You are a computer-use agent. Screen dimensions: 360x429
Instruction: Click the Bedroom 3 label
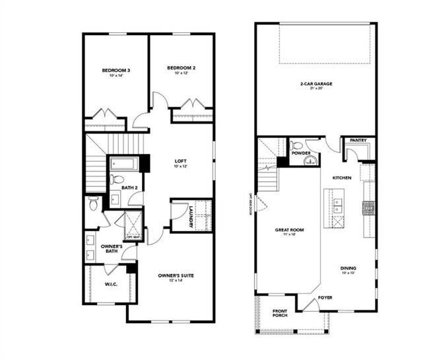point(115,70)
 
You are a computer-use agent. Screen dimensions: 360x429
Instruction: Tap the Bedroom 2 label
point(181,68)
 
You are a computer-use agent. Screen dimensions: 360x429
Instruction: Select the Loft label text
point(181,161)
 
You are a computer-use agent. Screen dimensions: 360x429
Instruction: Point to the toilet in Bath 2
point(116,178)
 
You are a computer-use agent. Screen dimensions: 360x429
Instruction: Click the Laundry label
point(191,216)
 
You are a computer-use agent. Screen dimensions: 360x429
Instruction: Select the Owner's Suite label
point(175,275)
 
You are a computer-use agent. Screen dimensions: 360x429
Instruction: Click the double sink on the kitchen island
point(337,205)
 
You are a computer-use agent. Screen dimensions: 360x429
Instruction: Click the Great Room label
point(288,231)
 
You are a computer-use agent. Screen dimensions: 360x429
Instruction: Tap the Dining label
point(348,268)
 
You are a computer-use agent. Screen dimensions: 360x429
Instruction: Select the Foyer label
point(326,297)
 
